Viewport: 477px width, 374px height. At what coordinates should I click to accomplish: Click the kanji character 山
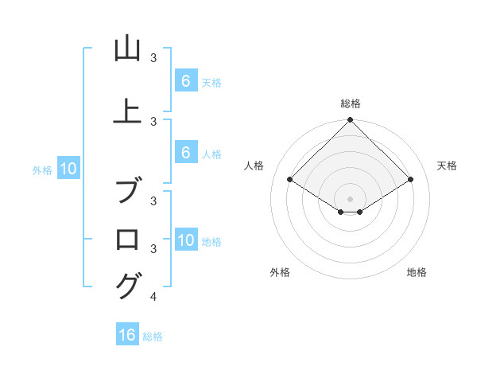pyautogui.click(x=127, y=49)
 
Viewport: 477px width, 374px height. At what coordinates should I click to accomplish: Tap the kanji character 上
pyautogui.click(x=127, y=111)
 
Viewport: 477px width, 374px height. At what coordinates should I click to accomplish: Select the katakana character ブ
pyautogui.click(x=128, y=192)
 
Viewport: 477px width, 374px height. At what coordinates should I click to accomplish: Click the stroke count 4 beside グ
pyautogui.click(x=153, y=298)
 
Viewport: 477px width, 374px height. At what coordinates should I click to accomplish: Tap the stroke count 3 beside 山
pyautogui.click(x=153, y=58)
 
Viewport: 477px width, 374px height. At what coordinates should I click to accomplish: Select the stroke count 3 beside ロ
pyautogui.click(x=153, y=249)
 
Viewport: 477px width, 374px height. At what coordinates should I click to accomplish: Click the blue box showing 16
pyautogui.click(x=127, y=335)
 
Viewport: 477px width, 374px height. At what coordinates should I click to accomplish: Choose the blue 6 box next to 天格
pyautogui.click(x=185, y=80)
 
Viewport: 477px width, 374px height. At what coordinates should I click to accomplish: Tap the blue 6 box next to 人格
pyautogui.click(x=185, y=153)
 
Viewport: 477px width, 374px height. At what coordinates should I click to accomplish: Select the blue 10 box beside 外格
pyautogui.click(x=68, y=169)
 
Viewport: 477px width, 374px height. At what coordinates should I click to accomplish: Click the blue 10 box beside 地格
pyautogui.click(x=185, y=240)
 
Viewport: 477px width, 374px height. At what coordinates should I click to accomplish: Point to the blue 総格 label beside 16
pyautogui.click(x=153, y=336)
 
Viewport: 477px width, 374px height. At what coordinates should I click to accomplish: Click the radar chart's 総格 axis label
pyautogui.click(x=350, y=103)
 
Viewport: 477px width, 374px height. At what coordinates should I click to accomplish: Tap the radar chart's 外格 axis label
pyautogui.click(x=280, y=272)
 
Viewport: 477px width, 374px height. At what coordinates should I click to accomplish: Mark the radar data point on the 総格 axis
pyautogui.click(x=350, y=120)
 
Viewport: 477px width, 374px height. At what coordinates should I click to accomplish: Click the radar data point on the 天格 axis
pyautogui.click(x=411, y=180)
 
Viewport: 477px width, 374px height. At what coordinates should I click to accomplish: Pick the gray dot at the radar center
pyautogui.click(x=350, y=198)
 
